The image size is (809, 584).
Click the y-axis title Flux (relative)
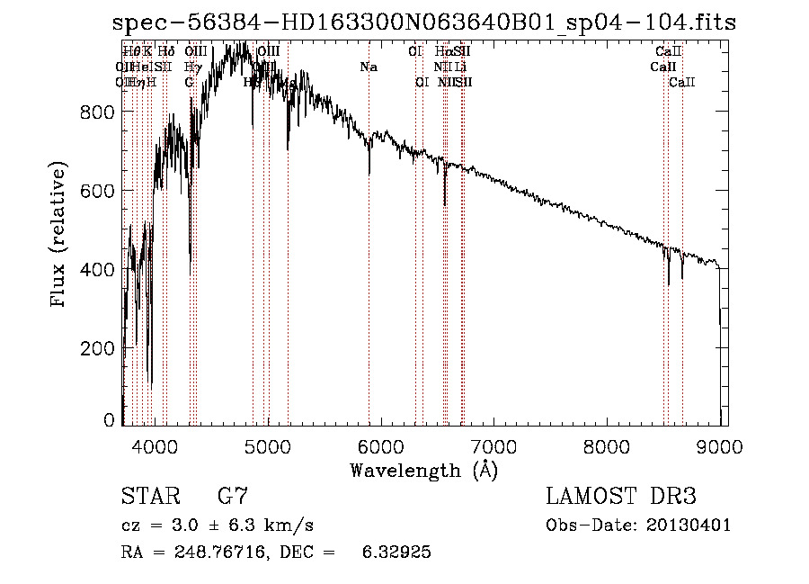pyautogui.click(x=59, y=236)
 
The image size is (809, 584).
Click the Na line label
pyautogui.click(x=369, y=67)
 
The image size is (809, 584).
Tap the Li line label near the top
pyautogui.click(x=460, y=67)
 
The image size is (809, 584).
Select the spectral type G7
pyautogui.click(x=233, y=497)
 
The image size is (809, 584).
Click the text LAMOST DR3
pyautogui.click(x=621, y=497)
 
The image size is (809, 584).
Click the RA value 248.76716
pyautogui.click(x=221, y=552)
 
